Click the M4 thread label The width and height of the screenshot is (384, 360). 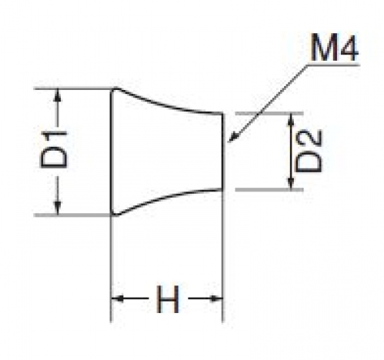coord(335,48)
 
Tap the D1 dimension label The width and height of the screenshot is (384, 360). coord(54,150)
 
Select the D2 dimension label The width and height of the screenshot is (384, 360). coord(309,151)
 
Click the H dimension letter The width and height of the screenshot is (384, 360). coord(168,299)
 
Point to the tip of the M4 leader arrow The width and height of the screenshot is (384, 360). coord(228,142)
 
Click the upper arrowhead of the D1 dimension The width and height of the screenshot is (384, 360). coord(58,95)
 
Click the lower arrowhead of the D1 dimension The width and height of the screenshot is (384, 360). coord(58,208)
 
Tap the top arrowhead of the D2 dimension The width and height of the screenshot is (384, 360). coord(291,119)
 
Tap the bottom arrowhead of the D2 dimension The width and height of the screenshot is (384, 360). coord(291,183)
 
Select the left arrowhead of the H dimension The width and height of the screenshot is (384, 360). coord(118,298)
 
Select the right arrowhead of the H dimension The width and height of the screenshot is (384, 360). coord(216,298)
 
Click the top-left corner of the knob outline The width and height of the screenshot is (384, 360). coord(112,90)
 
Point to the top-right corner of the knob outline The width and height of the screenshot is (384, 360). coord(222,113)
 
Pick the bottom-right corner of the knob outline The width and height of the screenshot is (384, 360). coord(222,190)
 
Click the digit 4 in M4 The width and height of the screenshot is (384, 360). coord(349,48)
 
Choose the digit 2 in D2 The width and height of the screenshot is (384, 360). coord(309,139)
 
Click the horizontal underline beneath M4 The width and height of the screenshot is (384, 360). coord(334,65)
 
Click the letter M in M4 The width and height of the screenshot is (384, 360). coord(324,48)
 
